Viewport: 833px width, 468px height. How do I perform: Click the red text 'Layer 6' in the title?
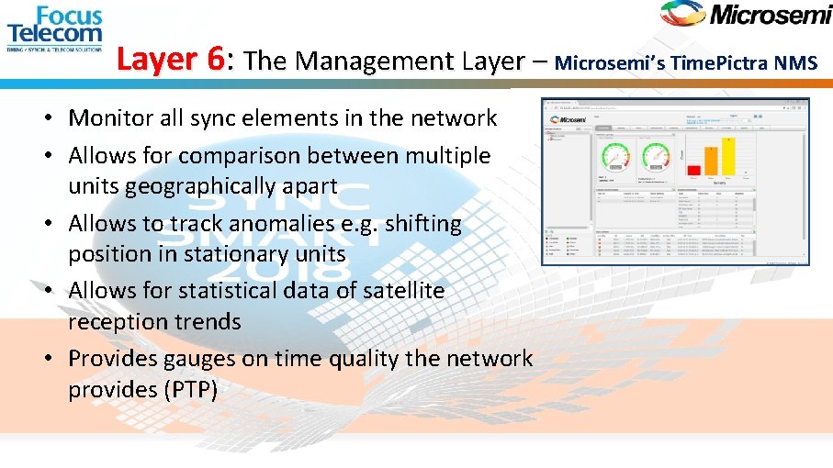[171, 61]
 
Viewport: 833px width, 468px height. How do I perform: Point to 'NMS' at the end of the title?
[795, 63]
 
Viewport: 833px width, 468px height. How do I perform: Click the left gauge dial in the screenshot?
[615, 157]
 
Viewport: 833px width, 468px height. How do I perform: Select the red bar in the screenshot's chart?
[694, 170]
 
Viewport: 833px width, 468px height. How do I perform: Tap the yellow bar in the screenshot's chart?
[729, 156]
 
